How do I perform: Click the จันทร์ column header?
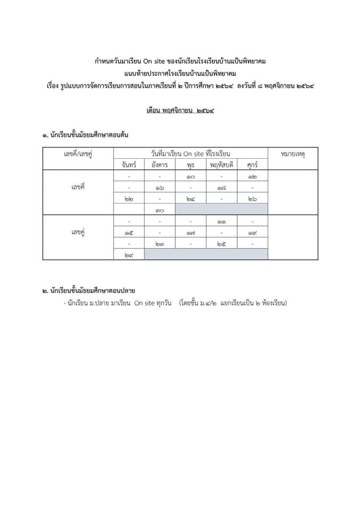[129, 165]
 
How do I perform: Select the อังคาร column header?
[159, 165]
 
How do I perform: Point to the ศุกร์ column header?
[252, 165]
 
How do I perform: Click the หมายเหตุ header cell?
[293, 154]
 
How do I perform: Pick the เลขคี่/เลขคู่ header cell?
[78, 154]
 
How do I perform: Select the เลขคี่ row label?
[78, 188]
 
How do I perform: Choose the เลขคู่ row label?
[78, 232]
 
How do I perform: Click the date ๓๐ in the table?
[159, 210]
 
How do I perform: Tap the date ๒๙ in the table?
[129, 255]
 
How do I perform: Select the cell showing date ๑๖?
[159, 188]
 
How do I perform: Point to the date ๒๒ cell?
[129, 199]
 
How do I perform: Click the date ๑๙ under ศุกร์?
[252, 232]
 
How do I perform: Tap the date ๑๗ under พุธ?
[191, 232]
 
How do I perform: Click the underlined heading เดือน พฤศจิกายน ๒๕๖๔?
[179, 112]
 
